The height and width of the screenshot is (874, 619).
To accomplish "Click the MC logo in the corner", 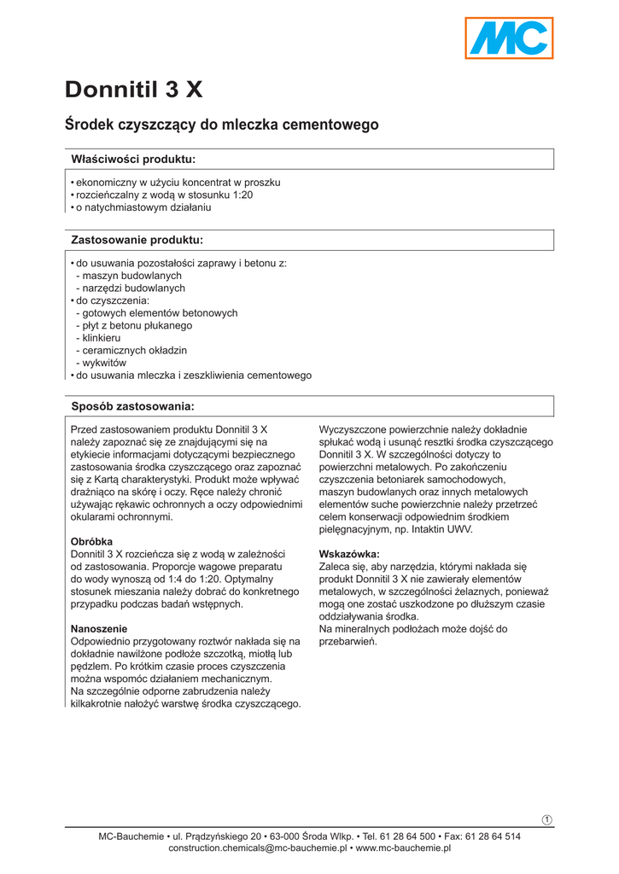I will (x=509, y=38).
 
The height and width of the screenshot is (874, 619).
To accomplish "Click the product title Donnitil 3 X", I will (x=134, y=90).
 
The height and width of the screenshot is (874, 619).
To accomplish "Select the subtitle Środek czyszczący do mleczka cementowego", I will (x=221, y=125).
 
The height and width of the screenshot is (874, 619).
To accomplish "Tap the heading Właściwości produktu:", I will (x=132, y=159).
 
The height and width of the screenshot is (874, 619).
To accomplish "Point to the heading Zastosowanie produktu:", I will (x=136, y=240).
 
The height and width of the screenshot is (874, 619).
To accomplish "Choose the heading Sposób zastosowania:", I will (x=132, y=405).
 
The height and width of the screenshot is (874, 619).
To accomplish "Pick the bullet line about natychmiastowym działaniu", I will (x=143, y=207).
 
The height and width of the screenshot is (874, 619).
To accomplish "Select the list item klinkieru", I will (x=101, y=338).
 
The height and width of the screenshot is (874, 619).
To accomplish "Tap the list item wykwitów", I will (x=103, y=363).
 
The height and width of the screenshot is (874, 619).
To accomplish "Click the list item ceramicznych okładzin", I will (x=134, y=350).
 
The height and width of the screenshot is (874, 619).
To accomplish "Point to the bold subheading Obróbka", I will (x=91, y=541).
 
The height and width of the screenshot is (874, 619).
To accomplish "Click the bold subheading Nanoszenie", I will (x=99, y=628).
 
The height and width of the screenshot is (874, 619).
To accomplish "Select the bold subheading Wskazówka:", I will (x=349, y=553).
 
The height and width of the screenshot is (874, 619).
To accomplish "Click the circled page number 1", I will (x=547, y=820).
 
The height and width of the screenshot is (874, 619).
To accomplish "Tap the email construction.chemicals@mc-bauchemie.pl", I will (x=257, y=848).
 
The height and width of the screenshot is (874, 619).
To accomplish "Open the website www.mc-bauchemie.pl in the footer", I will (x=403, y=848).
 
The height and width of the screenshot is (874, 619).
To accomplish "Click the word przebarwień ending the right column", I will (x=347, y=641).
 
